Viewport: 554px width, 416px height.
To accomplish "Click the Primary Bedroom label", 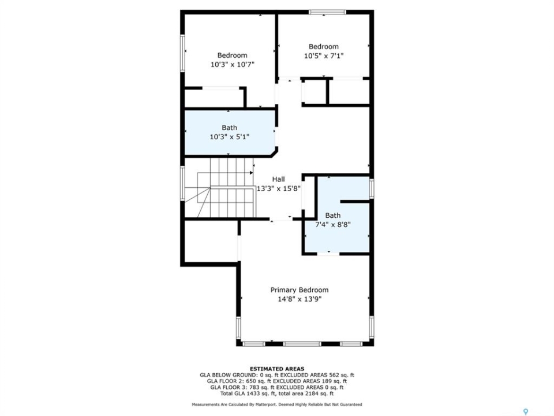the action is pyautogui.click(x=300, y=290).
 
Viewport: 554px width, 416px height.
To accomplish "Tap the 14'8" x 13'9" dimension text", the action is pyautogui.click(x=300, y=299).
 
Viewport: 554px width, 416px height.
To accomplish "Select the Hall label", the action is pyautogui.click(x=278, y=179).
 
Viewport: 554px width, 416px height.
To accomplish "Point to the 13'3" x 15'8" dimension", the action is pyautogui.click(x=278, y=188).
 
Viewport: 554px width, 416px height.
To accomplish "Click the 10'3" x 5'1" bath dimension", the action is pyautogui.click(x=230, y=136).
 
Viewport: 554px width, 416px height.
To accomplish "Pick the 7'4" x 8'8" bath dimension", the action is pyautogui.click(x=333, y=224).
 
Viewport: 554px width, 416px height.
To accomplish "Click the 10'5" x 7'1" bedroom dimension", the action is pyautogui.click(x=324, y=56).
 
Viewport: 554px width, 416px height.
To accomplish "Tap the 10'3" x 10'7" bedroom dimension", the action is pyautogui.click(x=232, y=65).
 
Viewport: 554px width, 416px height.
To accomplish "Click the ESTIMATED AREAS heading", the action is pyautogui.click(x=277, y=369).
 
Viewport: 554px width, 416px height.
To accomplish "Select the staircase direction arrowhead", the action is pyautogui.click(x=251, y=173).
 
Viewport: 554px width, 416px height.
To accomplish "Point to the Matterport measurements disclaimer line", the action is pyautogui.click(x=277, y=404).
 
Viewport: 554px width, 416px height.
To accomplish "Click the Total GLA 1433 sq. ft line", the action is pyautogui.click(x=277, y=393).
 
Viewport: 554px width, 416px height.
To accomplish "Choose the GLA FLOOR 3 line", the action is pyautogui.click(x=277, y=387).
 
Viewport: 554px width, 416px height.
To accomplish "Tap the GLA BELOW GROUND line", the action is pyautogui.click(x=277, y=375).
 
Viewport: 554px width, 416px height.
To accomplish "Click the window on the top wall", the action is pyautogui.click(x=327, y=12).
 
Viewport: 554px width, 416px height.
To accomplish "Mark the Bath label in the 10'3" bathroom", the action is pyautogui.click(x=229, y=128).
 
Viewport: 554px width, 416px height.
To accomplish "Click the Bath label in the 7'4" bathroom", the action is pyautogui.click(x=333, y=216).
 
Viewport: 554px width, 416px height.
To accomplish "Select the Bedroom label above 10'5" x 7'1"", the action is pyautogui.click(x=324, y=47).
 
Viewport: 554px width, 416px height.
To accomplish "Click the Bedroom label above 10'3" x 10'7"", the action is pyautogui.click(x=232, y=55).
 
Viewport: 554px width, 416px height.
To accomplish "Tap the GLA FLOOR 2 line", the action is pyautogui.click(x=277, y=381).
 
